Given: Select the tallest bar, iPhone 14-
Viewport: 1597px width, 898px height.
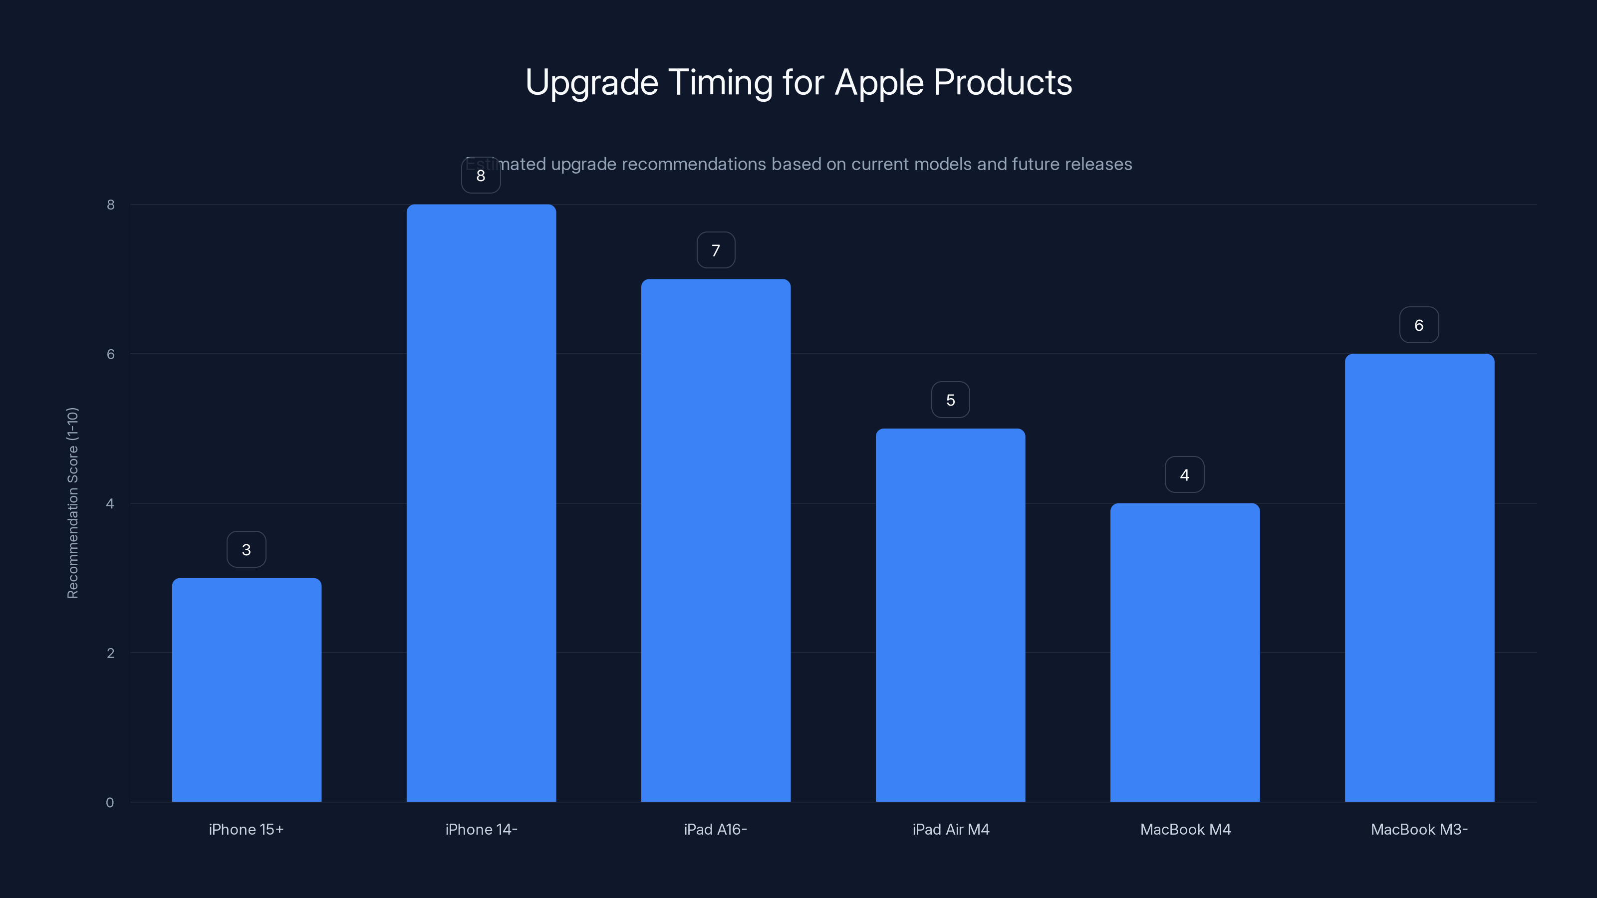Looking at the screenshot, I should point(481,502).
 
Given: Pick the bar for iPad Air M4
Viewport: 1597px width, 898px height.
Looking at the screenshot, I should point(950,614).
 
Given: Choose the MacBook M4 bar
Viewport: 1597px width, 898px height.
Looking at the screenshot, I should point(1185,652).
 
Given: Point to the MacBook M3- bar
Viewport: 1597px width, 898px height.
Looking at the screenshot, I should point(1419,577).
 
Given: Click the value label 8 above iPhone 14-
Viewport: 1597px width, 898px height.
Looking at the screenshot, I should point(481,176).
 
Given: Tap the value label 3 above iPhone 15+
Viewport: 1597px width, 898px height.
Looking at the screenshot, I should point(246,550).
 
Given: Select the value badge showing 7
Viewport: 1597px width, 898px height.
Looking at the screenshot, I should point(716,250).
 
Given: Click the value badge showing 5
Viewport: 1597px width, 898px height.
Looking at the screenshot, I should point(950,400).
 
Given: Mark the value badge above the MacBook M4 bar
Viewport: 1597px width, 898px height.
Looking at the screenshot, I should point(1184,475).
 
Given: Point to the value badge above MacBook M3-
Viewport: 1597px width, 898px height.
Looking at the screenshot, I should point(1418,325).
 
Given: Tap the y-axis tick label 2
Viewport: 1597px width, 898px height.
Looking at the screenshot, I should point(110,653).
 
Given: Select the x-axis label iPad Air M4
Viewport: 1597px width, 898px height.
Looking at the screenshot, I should point(950,829).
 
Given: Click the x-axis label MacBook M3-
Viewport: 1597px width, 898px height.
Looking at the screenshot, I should point(1418,829).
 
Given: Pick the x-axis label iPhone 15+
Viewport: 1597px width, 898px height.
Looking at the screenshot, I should point(246,829).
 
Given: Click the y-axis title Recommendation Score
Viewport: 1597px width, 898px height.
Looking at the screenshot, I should point(72,502).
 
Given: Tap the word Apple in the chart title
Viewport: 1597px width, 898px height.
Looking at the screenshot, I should point(879,82).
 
